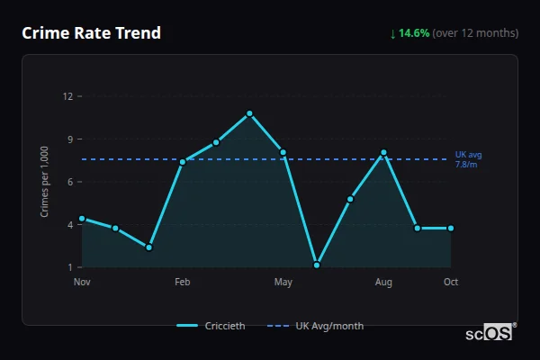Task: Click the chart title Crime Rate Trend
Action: click(92, 33)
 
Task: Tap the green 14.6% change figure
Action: click(414, 33)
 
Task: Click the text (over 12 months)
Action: click(475, 33)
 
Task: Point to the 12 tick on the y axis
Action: click(68, 96)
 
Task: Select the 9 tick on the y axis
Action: click(68, 139)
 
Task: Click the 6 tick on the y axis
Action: click(68, 182)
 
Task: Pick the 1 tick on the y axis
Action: click(68, 267)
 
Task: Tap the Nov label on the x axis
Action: click(82, 283)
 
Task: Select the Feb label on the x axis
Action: click(183, 283)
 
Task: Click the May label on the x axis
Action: click(283, 283)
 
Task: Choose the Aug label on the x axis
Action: click(383, 283)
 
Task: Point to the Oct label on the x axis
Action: click(451, 283)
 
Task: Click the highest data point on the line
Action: click(249, 113)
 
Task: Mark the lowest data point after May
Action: click(317, 265)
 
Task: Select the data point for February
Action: click(183, 162)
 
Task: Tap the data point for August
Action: click(383, 153)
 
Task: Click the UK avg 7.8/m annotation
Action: click(468, 159)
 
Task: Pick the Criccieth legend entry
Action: click(211, 326)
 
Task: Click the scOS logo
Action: click(490, 333)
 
